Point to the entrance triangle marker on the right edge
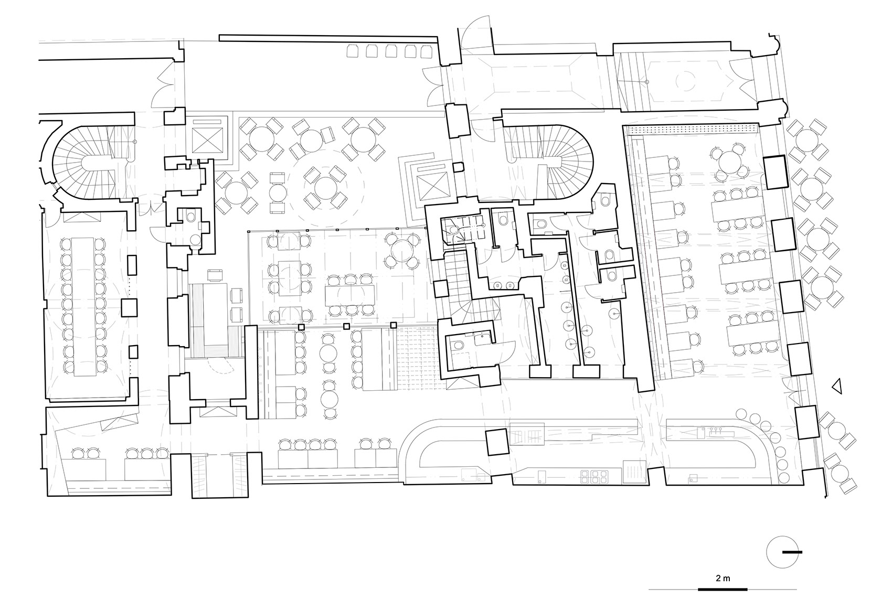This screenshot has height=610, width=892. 837,386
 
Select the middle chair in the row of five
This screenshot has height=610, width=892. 391,51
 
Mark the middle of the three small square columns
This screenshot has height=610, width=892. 346,326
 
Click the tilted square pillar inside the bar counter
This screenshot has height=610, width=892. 497,442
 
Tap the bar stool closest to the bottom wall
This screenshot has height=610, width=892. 784,477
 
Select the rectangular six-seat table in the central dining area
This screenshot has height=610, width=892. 350,295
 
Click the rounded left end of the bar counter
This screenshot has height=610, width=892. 410,450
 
